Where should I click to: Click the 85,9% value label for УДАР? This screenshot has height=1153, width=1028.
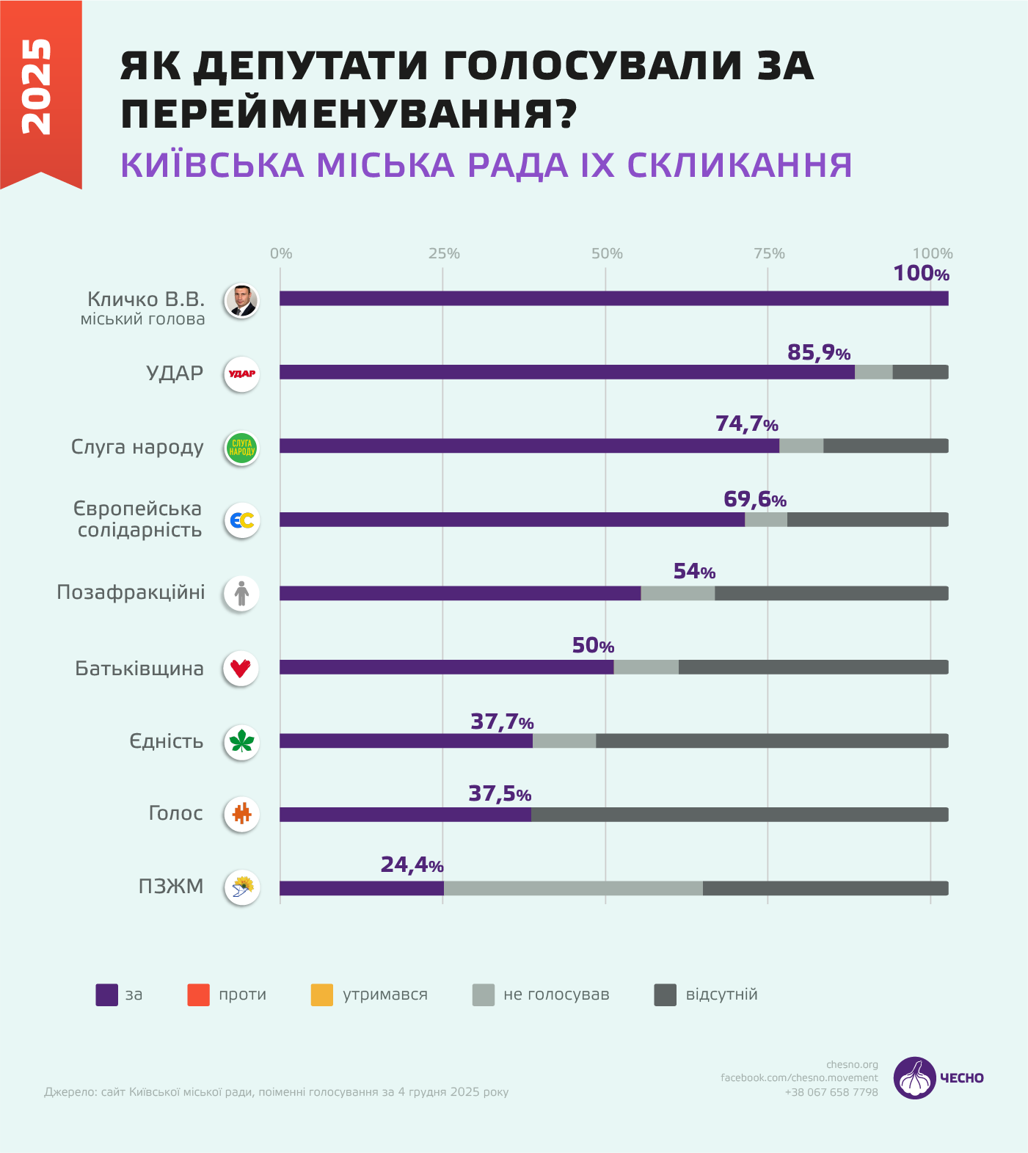(x=818, y=353)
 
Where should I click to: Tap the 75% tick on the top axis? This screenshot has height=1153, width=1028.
(x=769, y=253)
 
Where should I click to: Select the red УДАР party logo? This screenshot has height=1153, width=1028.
(x=241, y=374)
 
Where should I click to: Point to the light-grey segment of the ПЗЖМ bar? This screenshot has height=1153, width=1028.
(x=572, y=888)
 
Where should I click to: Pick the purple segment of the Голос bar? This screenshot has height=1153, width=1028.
(x=405, y=815)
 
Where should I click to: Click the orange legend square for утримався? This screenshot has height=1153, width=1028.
(x=322, y=995)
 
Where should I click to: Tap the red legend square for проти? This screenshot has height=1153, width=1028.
(x=199, y=995)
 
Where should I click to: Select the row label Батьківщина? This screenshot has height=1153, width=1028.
(x=139, y=669)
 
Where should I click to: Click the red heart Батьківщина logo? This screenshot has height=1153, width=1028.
(x=241, y=669)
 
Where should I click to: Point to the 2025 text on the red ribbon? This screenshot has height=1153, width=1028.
(x=37, y=87)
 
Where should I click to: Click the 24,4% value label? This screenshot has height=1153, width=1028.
(x=412, y=865)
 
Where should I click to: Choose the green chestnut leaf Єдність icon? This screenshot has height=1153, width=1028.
(x=241, y=741)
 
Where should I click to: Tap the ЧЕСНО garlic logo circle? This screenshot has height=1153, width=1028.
(x=914, y=1078)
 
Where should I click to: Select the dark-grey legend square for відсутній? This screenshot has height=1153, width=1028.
(x=665, y=995)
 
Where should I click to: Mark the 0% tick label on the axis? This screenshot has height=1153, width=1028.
(x=281, y=253)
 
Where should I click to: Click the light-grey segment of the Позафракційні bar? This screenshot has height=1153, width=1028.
(x=677, y=594)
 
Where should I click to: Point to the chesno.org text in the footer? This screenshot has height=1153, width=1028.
(x=852, y=1064)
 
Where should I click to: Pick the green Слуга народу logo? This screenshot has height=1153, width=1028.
(x=241, y=448)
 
